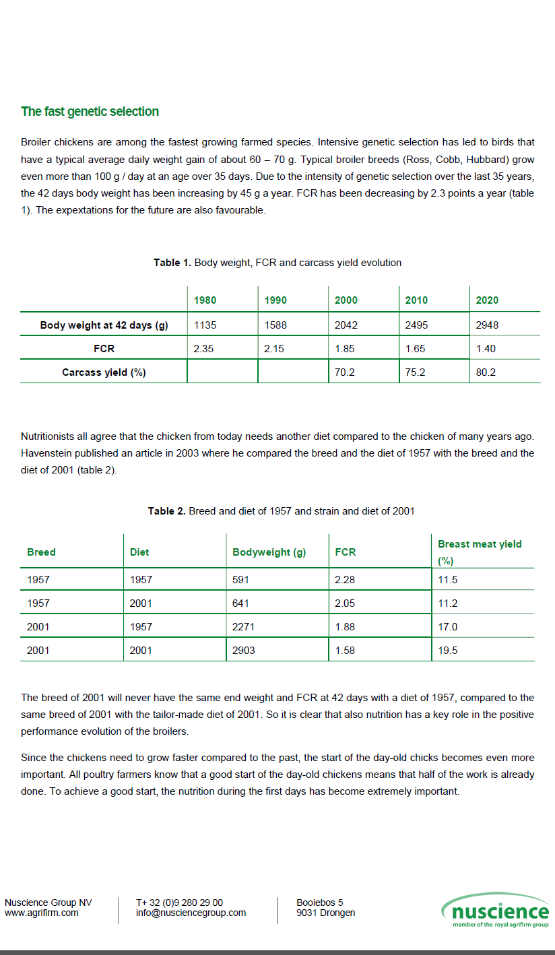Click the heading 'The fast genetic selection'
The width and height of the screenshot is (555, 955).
tap(90, 112)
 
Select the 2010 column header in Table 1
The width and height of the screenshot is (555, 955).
tap(416, 300)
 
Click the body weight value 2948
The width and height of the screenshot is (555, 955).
tap(487, 325)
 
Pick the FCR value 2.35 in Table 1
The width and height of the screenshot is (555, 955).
tap(203, 349)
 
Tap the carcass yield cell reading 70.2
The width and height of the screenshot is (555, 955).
tap(345, 372)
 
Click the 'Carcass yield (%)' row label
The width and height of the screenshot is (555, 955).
tap(104, 372)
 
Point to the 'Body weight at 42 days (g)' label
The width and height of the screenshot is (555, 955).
tap(104, 325)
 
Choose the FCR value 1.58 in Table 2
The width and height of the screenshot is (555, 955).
tap(345, 651)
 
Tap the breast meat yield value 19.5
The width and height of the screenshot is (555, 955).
tap(447, 651)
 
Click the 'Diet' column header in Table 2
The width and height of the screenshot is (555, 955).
tap(139, 552)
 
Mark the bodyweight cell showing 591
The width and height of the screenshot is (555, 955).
tap(240, 580)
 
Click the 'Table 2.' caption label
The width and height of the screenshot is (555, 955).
tap(166, 511)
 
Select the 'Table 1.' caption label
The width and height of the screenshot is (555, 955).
tap(172, 263)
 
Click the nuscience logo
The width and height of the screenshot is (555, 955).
tap(496, 911)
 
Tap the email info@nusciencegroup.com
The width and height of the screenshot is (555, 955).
tap(191, 913)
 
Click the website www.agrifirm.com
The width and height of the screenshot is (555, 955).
tap(42, 913)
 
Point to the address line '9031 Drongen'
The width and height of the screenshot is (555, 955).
tap(326, 913)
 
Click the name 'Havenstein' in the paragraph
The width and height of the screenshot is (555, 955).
tap(47, 453)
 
